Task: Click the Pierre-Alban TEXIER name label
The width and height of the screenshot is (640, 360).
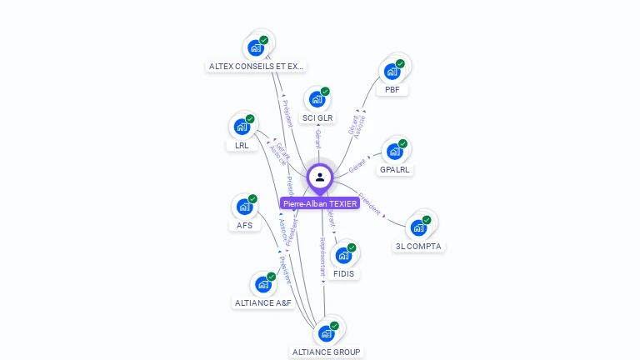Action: [320, 203]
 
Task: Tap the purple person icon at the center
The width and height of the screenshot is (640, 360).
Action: [320, 177]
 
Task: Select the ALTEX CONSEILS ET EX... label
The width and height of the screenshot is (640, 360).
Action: [256, 66]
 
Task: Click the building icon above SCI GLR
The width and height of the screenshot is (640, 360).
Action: [317, 99]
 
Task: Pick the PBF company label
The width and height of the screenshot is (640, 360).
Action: [392, 89]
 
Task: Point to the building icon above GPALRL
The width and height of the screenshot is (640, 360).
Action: [394, 152]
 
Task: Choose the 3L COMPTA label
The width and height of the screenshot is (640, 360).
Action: [419, 246]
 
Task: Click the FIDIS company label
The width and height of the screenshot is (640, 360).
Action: [343, 273]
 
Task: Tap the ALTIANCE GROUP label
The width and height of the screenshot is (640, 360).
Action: [327, 352]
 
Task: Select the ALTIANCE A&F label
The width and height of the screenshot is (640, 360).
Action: [263, 302]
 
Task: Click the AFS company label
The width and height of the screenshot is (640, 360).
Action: [244, 225]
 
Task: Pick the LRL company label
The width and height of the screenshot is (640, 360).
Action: [242, 145]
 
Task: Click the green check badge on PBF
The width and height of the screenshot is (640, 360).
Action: [400, 63]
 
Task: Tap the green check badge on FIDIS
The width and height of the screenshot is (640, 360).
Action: [352, 247]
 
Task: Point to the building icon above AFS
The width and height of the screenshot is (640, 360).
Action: [244, 207]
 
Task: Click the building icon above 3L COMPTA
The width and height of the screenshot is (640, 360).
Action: [419, 227]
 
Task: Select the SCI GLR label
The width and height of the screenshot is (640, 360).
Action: [317, 117]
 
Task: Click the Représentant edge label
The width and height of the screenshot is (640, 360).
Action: [322, 256]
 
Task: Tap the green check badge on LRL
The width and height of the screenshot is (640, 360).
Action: [250, 118]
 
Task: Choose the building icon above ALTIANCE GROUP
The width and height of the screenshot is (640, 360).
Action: [326, 333]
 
